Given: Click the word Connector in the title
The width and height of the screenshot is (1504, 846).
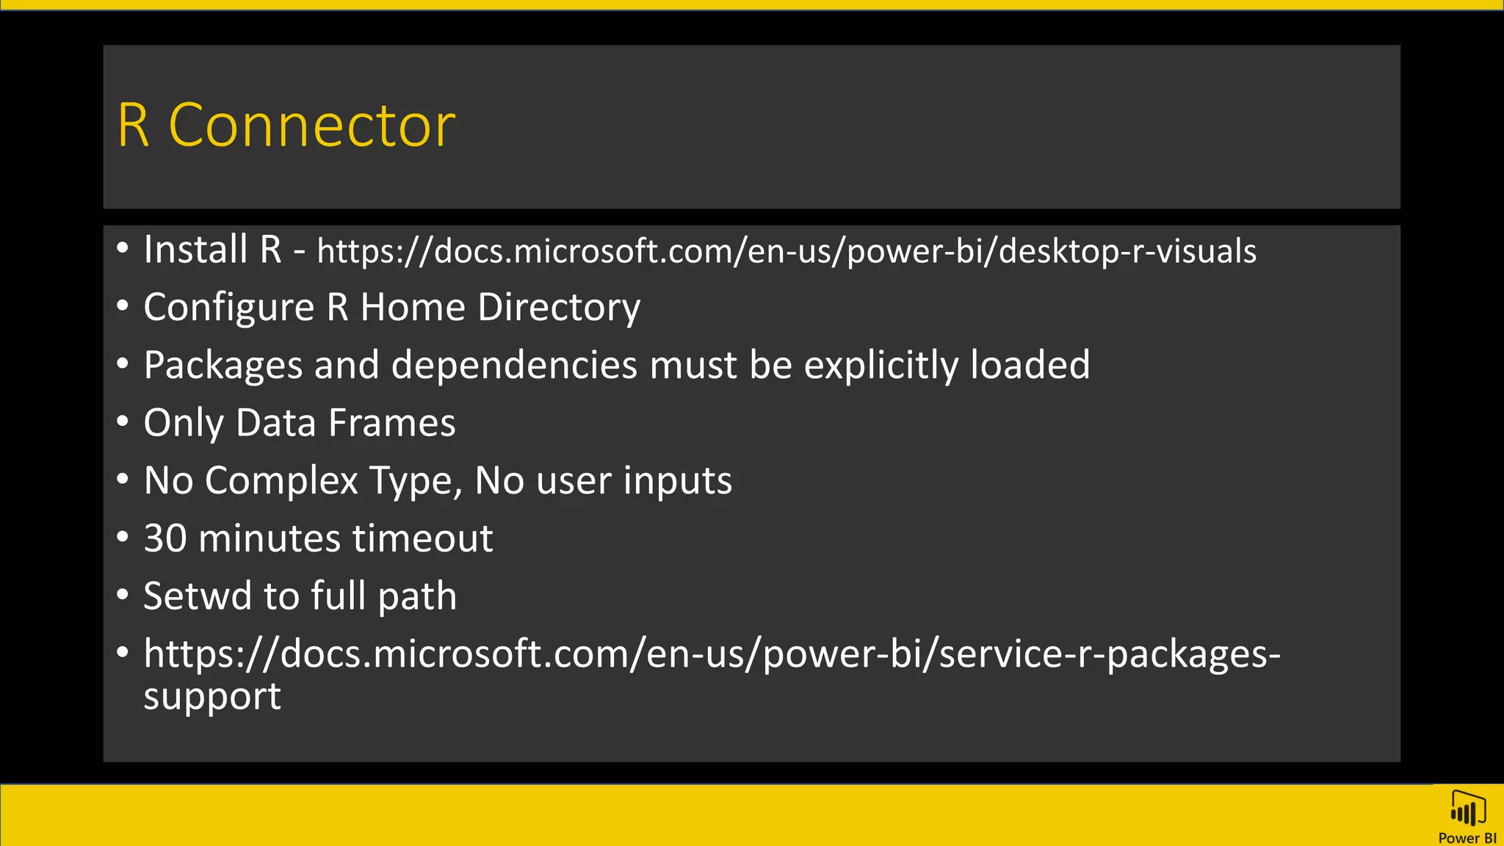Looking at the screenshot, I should point(312,126).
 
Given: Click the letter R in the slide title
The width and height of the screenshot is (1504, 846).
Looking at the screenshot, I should point(133,126).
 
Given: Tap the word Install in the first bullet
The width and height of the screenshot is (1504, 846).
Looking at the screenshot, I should point(195,249).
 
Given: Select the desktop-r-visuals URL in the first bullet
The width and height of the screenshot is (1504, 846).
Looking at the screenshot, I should point(787,251).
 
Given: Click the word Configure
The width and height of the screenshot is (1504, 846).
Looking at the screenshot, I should point(228,307).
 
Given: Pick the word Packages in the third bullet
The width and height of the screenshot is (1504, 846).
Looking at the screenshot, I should point(223,365).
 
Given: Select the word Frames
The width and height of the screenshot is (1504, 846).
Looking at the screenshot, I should point(392,423).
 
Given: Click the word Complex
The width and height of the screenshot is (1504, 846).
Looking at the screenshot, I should point(281,481).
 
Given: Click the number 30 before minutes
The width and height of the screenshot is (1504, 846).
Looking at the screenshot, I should point(165,538).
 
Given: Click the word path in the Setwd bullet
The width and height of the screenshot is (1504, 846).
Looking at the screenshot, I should point(416,597).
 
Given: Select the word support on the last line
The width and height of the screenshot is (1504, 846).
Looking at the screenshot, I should point(211,696).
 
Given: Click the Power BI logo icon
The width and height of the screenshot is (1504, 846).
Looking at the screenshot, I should point(1467,810).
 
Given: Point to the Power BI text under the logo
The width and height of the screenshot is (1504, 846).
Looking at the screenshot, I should point(1467,838).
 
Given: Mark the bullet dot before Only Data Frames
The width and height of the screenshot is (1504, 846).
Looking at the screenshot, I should point(123,422).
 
